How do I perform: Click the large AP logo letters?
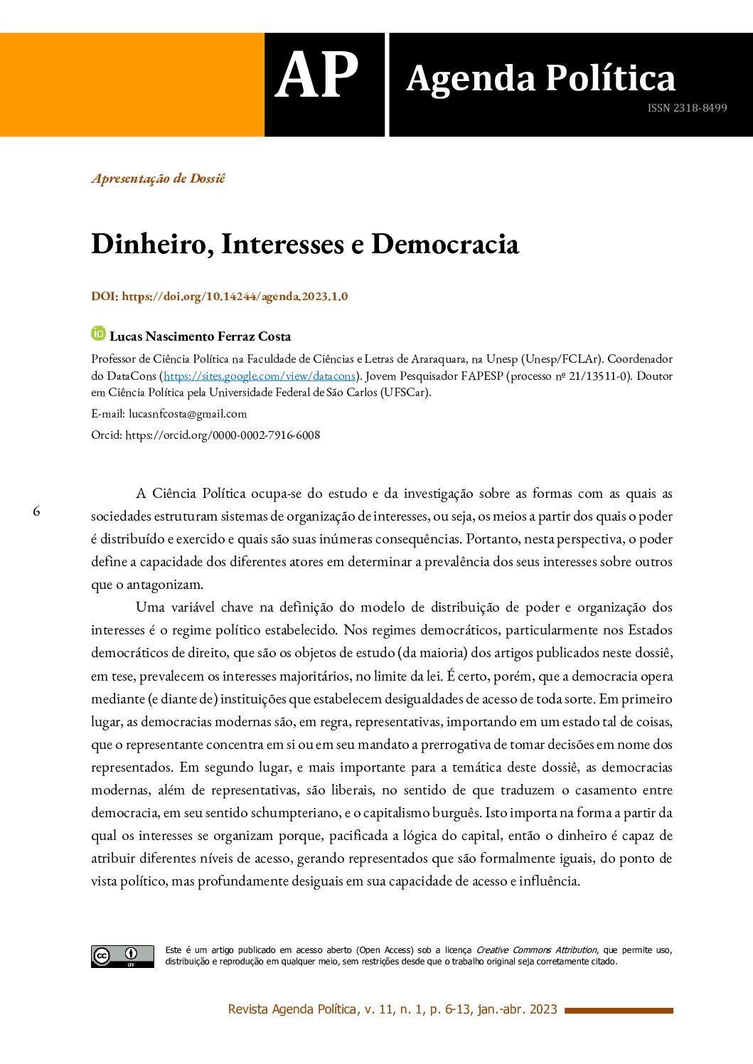[x=316, y=77]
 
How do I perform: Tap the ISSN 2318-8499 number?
[x=687, y=108]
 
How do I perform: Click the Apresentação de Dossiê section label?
[x=158, y=179]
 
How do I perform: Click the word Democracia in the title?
[x=445, y=244]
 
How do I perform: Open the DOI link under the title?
[x=235, y=297]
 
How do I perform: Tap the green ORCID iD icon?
[x=98, y=334]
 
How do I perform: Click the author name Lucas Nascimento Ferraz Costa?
[x=201, y=336]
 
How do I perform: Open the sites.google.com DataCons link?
[x=259, y=376]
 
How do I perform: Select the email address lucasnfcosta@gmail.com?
[x=188, y=414]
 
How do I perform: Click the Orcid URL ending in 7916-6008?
[x=223, y=435]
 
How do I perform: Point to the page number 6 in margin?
[x=36, y=511]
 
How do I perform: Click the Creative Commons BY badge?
[x=122, y=956]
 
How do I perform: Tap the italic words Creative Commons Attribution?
[x=536, y=950]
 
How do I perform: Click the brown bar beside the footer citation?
[x=618, y=1010]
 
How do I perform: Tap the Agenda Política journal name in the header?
[x=540, y=78]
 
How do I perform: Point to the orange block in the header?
[x=132, y=85]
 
